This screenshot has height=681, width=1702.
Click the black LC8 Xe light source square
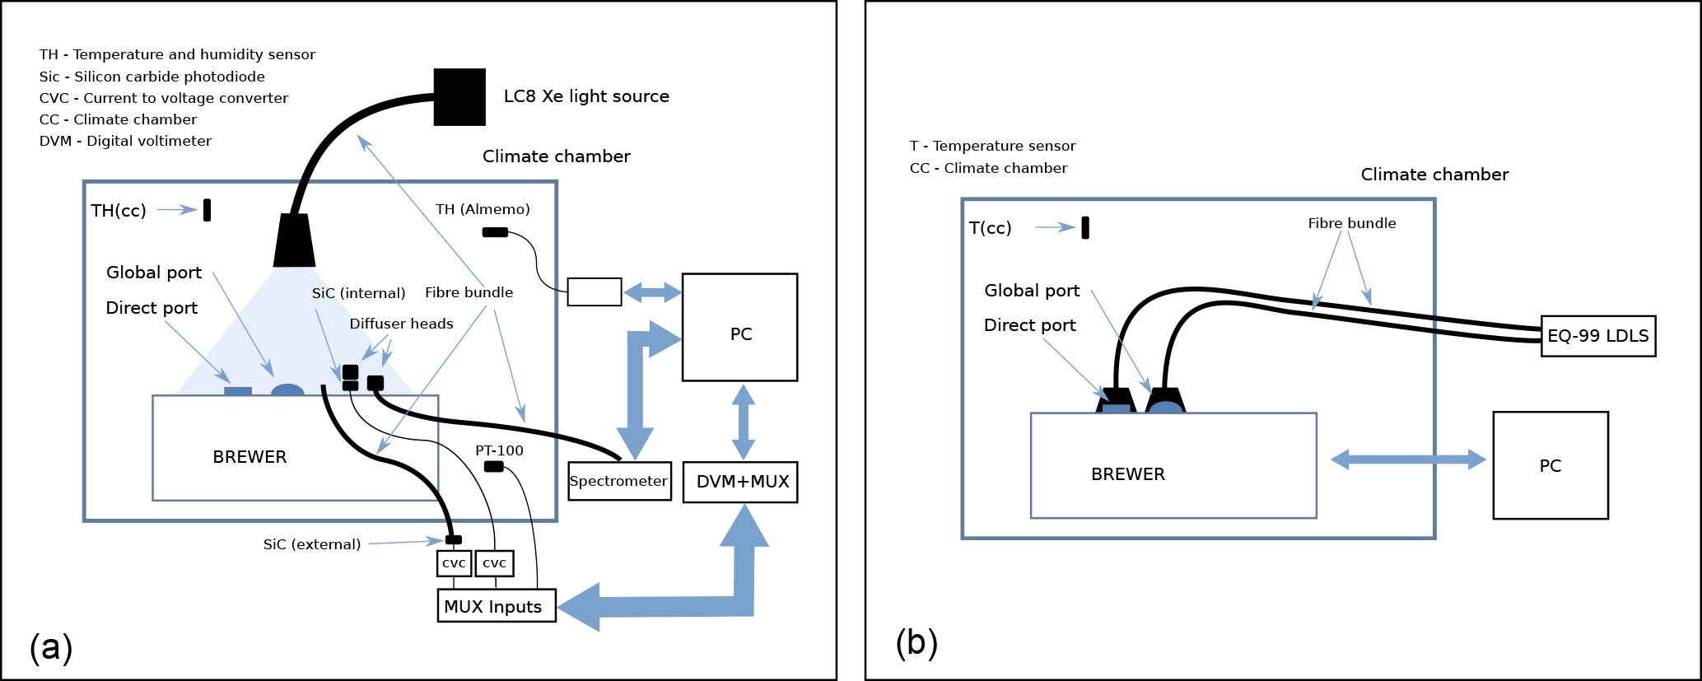pos(459,97)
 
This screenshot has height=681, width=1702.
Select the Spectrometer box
pos(619,481)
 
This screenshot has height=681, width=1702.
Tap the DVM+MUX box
pos(740,482)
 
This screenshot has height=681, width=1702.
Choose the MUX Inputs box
pos(497,606)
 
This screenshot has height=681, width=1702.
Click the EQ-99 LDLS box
pos(1598,336)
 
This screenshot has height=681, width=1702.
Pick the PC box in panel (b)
pos(1550,465)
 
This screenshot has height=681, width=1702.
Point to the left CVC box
pos(454,563)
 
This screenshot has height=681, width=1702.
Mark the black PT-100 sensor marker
pos(494,467)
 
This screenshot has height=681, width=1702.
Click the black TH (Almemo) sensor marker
pos(495,232)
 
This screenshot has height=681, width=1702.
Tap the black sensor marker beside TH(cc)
pos(208,210)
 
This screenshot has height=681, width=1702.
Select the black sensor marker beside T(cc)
pos(1085,227)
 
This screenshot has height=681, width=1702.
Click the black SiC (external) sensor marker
pos(453,540)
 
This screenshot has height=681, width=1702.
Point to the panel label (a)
pos(51,647)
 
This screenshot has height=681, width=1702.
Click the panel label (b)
pos(916,642)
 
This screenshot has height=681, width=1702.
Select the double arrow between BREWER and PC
pos(1408,459)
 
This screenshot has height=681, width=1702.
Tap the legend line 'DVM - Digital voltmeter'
pos(125,141)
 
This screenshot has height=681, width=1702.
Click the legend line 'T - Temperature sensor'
pos(992,146)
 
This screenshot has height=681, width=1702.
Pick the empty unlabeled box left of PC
pos(595,292)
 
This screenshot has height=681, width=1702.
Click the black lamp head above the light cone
pos(294,240)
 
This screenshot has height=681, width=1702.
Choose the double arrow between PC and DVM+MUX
pos(744,422)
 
